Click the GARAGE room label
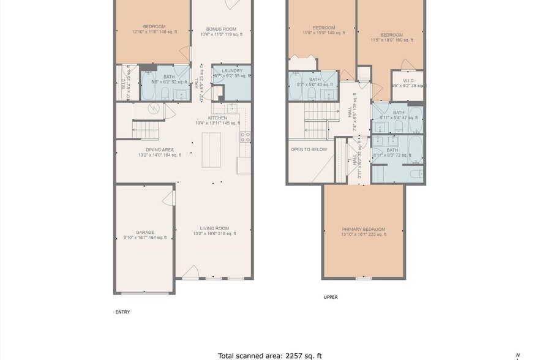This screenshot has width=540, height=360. pos(145,233)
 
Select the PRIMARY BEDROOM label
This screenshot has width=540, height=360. pos(364,229)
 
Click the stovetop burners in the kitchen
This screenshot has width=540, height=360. pos(244,137)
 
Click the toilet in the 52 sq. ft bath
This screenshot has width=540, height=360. pos(165,94)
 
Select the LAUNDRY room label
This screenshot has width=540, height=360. pos(232,71)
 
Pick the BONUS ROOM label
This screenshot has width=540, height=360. pos(222,29)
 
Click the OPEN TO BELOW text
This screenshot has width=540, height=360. pos(309,149)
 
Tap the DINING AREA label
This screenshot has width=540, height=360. pos(160,150)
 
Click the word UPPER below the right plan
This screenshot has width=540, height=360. pos(331,297)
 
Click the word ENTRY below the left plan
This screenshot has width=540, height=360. pos(122,312)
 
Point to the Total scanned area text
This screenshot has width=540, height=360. pos(270,354)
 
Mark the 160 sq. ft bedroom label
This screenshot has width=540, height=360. pos(391,35)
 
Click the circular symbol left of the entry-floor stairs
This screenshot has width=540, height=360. pos(155,108)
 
